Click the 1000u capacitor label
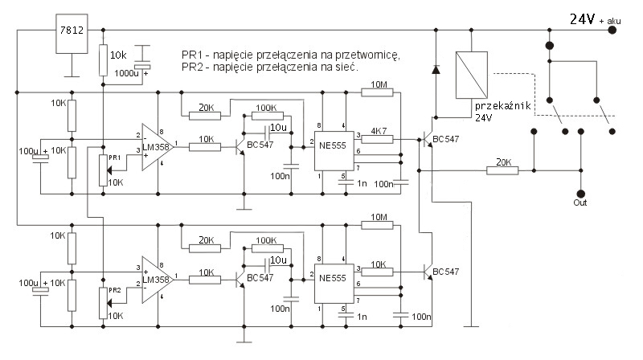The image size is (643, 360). click(129, 73)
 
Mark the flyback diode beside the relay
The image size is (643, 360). click(436, 69)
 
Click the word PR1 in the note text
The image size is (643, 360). click(193, 55)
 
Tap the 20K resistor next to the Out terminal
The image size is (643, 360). click(502, 170)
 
